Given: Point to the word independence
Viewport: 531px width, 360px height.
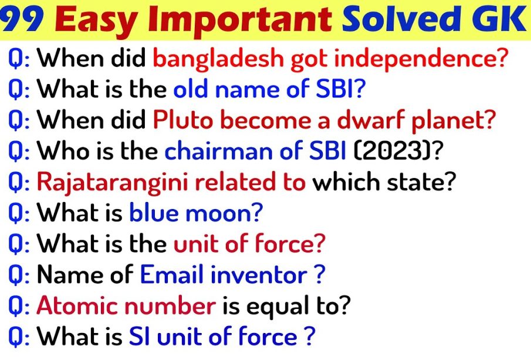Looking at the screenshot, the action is (x=417, y=58).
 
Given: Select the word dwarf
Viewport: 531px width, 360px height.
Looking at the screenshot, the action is (x=371, y=121).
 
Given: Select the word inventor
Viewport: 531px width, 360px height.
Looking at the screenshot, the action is (x=259, y=275).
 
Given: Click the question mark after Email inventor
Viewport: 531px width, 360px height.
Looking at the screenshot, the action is (x=320, y=275).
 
